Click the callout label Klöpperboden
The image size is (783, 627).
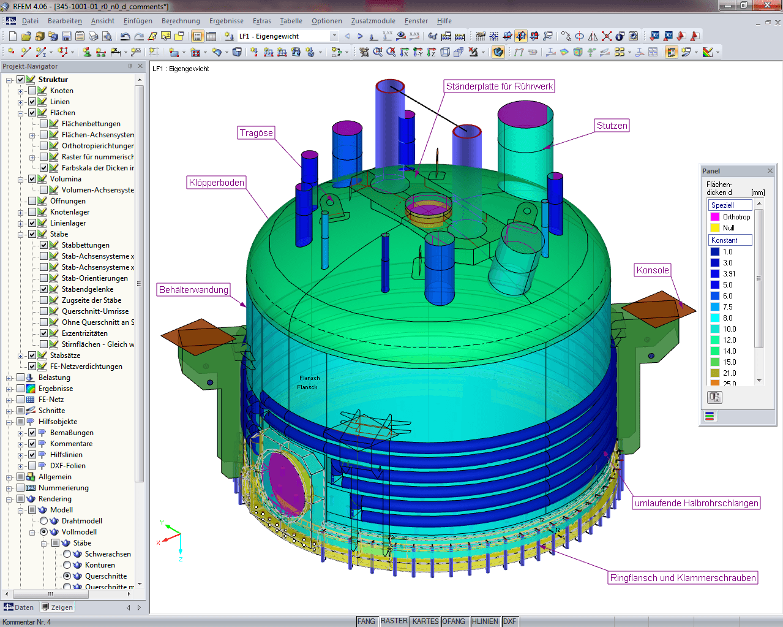(x=217, y=183)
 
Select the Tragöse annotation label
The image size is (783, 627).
(x=257, y=133)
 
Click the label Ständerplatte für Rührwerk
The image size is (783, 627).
(x=499, y=86)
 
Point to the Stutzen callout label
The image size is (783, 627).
(x=612, y=126)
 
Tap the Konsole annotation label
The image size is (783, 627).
(x=653, y=270)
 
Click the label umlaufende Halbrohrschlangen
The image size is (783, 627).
(x=696, y=503)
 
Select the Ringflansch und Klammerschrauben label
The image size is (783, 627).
(x=683, y=578)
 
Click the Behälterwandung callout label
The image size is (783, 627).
(x=193, y=290)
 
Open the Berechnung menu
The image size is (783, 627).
(x=181, y=21)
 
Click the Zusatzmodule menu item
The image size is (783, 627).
(x=373, y=21)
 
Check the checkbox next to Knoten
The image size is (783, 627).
(x=32, y=91)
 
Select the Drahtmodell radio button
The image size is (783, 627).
(x=44, y=521)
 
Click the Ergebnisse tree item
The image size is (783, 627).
(x=55, y=389)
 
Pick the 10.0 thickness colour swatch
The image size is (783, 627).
(x=714, y=329)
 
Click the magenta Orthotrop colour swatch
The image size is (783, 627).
(x=714, y=217)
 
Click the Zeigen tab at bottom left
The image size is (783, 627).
(x=58, y=607)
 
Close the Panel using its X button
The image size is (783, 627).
(x=770, y=171)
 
